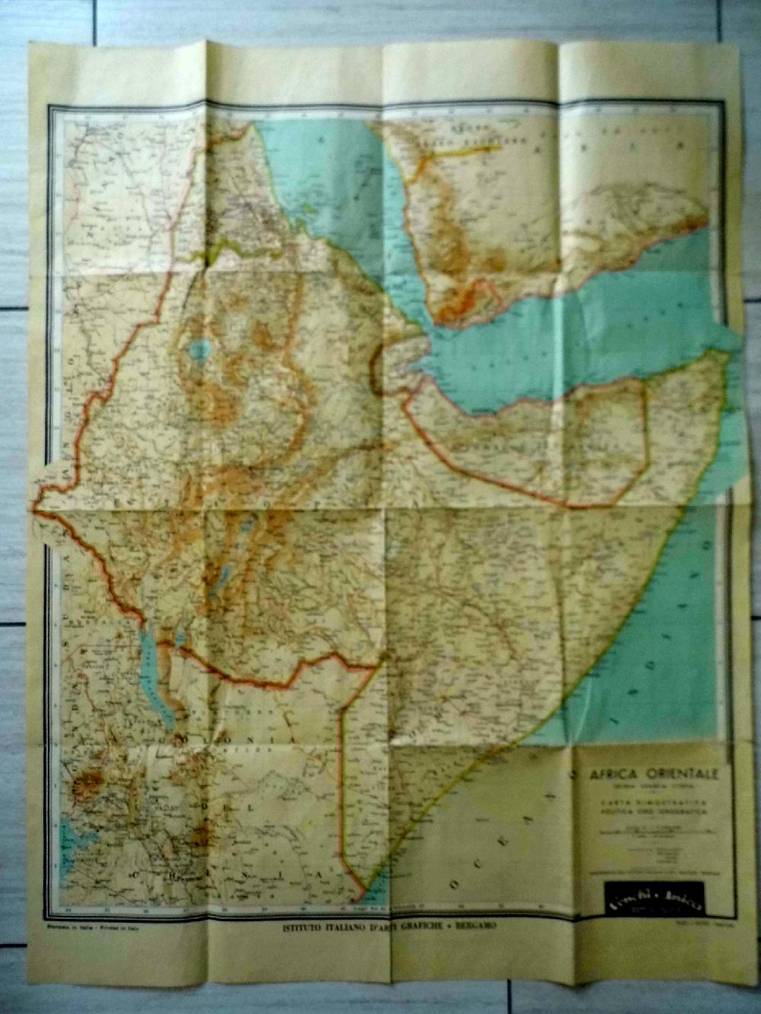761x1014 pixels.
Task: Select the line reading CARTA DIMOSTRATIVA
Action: (652, 803)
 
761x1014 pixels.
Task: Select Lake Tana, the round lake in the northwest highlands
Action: (200, 351)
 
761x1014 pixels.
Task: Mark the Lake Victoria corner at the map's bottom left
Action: (72, 836)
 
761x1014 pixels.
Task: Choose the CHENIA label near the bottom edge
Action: (228, 875)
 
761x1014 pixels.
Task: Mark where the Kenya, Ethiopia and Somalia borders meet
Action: (377, 667)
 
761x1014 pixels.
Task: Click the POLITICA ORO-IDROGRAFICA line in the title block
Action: (652, 812)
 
